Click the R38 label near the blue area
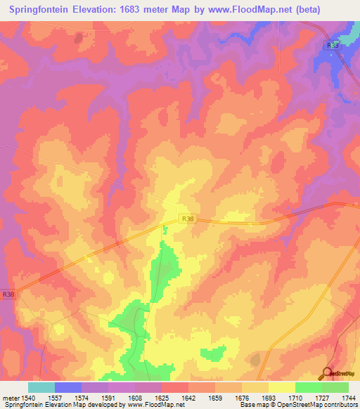pos(333,45)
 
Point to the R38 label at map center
pos(185,219)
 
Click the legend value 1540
pos(29,398)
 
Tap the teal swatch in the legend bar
pos(41,387)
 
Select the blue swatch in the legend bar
pos(68,387)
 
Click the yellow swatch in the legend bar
pos(281,387)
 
